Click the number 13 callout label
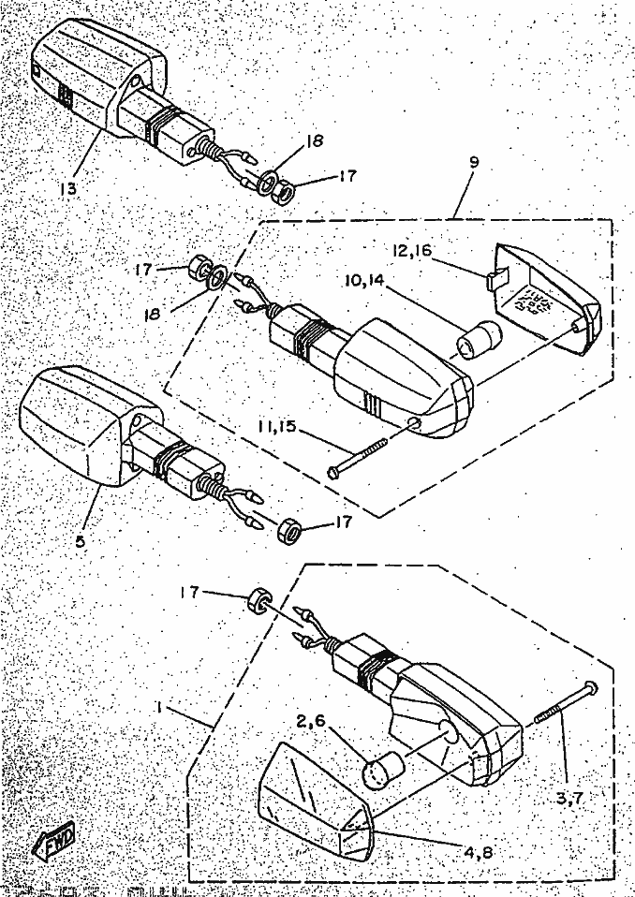coord(69,186)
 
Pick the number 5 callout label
coord(81,540)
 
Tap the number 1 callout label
coord(161,709)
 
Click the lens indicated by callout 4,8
coord(315,805)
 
